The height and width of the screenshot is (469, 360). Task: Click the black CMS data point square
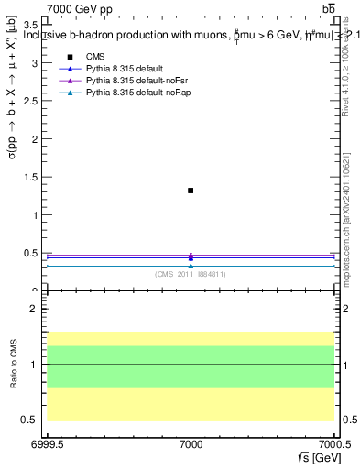coord(191,191)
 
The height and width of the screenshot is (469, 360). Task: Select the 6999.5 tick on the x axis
coord(45,443)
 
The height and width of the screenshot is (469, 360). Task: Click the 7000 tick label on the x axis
coord(191,443)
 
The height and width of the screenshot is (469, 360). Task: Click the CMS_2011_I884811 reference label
coord(191,274)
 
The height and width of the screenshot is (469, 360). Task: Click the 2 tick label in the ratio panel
coord(34,309)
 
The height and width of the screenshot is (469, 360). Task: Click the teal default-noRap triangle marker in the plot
coord(191,266)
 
